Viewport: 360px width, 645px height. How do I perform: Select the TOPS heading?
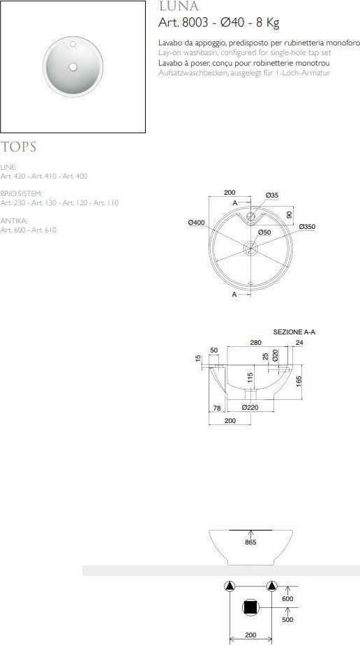tap(19, 147)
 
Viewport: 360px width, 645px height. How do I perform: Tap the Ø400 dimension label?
tap(196, 222)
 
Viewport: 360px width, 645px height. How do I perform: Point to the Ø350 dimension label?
tap(307, 226)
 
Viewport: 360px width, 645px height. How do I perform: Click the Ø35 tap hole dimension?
tap(272, 195)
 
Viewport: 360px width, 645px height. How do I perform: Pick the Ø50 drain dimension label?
tap(264, 232)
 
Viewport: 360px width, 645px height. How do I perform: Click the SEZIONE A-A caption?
tap(294, 332)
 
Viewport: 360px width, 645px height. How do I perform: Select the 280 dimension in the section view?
tap(256, 343)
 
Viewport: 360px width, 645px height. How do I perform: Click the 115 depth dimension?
tap(250, 379)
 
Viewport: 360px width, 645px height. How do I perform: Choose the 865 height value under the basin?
tap(250, 542)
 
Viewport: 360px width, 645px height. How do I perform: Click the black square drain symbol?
tap(250, 608)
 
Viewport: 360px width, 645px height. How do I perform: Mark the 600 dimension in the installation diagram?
tap(287, 598)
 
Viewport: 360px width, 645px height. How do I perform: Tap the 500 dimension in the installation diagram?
tap(287, 619)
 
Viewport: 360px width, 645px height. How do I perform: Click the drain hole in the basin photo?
tap(73, 66)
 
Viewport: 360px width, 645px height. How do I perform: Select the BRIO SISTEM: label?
tap(22, 193)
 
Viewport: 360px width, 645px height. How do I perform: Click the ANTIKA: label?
tap(15, 221)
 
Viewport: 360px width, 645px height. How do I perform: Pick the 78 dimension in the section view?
tap(216, 407)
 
